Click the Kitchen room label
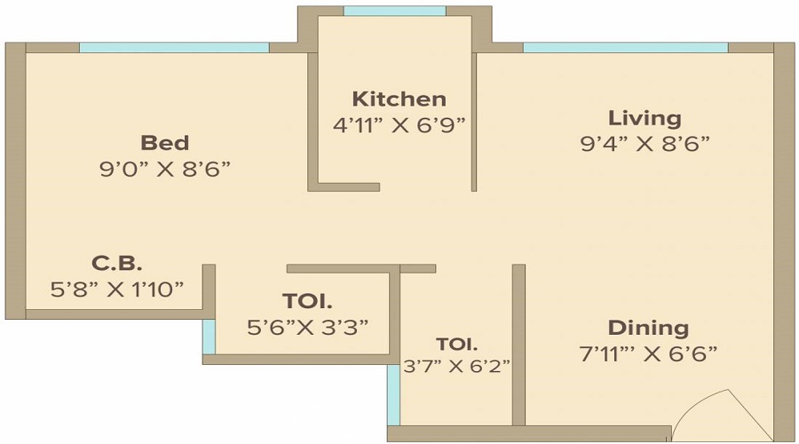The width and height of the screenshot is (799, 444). pyautogui.click(x=399, y=99)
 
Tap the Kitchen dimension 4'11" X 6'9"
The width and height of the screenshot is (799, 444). pyautogui.click(x=399, y=125)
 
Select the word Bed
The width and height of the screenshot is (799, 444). pyautogui.click(x=165, y=143)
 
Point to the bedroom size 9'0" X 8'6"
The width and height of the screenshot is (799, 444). pyautogui.click(x=165, y=170)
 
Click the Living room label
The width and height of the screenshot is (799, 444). pyautogui.click(x=645, y=117)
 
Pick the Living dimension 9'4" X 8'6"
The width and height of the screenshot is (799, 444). pyautogui.click(x=645, y=143)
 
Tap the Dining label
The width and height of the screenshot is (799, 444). pyautogui.click(x=648, y=328)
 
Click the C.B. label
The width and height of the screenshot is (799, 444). pyautogui.click(x=116, y=263)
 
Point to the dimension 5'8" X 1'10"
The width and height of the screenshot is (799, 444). pyautogui.click(x=116, y=288)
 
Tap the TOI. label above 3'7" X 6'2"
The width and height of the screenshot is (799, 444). pyautogui.click(x=456, y=344)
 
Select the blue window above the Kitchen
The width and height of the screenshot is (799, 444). pyautogui.click(x=394, y=12)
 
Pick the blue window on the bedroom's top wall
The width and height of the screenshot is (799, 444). pyautogui.click(x=174, y=47)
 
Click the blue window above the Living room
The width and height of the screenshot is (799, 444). pyautogui.click(x=625, y=47)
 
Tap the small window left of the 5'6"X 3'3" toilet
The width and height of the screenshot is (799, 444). pyautogui.click(x=209, y=336)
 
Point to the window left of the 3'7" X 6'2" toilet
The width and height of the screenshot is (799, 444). pyautogui.click(x=392, y=394)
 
